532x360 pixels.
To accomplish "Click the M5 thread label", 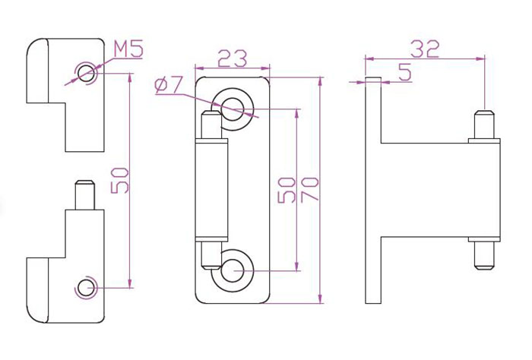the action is [128, 49].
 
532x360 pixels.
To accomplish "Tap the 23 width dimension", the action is [233, 58].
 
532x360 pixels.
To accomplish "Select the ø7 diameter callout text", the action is [169, 85].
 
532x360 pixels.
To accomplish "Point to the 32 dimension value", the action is [425, 49].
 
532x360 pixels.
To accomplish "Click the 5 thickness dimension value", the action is [405, 72].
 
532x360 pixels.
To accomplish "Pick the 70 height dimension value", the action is [309, 189].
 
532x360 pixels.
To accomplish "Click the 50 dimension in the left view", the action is [120, 180].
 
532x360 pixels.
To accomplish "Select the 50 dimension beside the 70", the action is [287, 190].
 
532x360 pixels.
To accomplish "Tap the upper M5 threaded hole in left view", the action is [85, 73].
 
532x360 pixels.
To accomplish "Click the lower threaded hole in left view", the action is [85, 288].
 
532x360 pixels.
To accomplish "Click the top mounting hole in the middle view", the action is [234, 109].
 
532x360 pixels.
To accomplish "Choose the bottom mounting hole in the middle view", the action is [234, 271].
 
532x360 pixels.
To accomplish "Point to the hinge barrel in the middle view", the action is [211, 190].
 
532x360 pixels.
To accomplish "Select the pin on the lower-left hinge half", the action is [85, 195].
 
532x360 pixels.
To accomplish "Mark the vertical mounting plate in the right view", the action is [373, 190].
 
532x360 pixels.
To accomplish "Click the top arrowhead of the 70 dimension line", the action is [320, 81].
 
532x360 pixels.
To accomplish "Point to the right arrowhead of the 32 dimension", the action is [481, 59].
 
